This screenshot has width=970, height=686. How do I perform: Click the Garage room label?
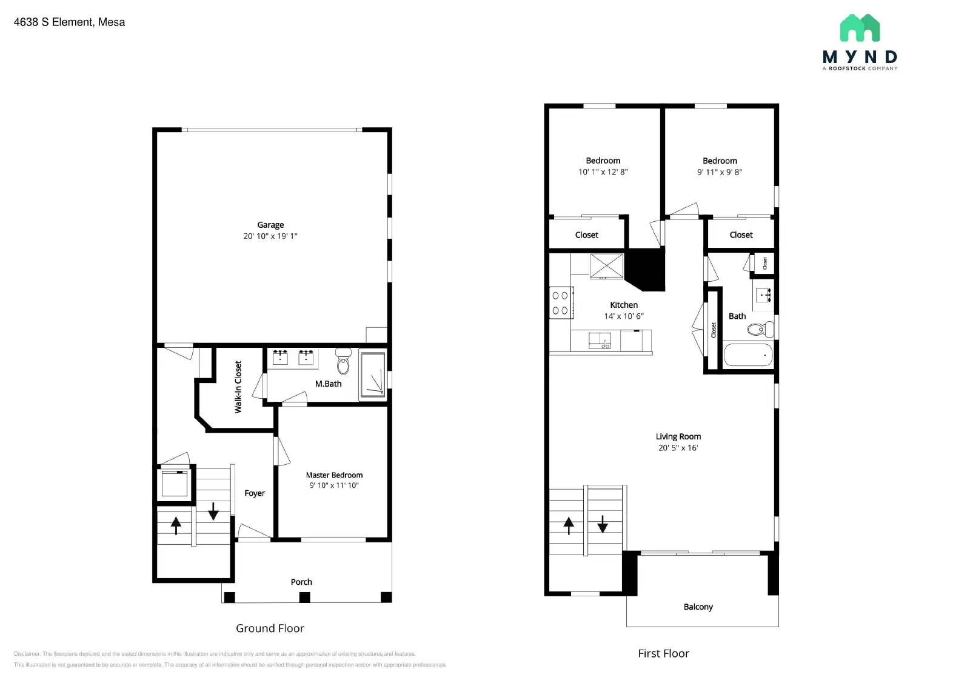270,225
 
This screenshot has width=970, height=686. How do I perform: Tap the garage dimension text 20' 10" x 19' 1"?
270,236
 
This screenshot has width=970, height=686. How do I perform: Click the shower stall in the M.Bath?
372,375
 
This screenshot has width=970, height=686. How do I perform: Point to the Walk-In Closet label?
238,387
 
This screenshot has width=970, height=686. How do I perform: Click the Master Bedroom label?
334,475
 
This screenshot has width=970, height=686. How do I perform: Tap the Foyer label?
255,493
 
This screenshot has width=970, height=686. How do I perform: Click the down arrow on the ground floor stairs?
213,511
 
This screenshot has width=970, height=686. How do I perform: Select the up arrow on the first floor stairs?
569,525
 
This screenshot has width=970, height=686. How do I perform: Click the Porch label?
301,582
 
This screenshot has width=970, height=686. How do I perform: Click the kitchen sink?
600,341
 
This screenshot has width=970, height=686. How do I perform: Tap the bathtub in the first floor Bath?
748,355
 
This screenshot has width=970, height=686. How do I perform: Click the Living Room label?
678,436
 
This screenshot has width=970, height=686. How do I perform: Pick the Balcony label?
698,607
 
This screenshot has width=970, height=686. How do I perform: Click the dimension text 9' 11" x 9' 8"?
720,172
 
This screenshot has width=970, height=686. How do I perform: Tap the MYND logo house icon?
860,28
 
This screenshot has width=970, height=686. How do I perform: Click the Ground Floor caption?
270,628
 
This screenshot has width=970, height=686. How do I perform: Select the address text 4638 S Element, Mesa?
69,22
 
